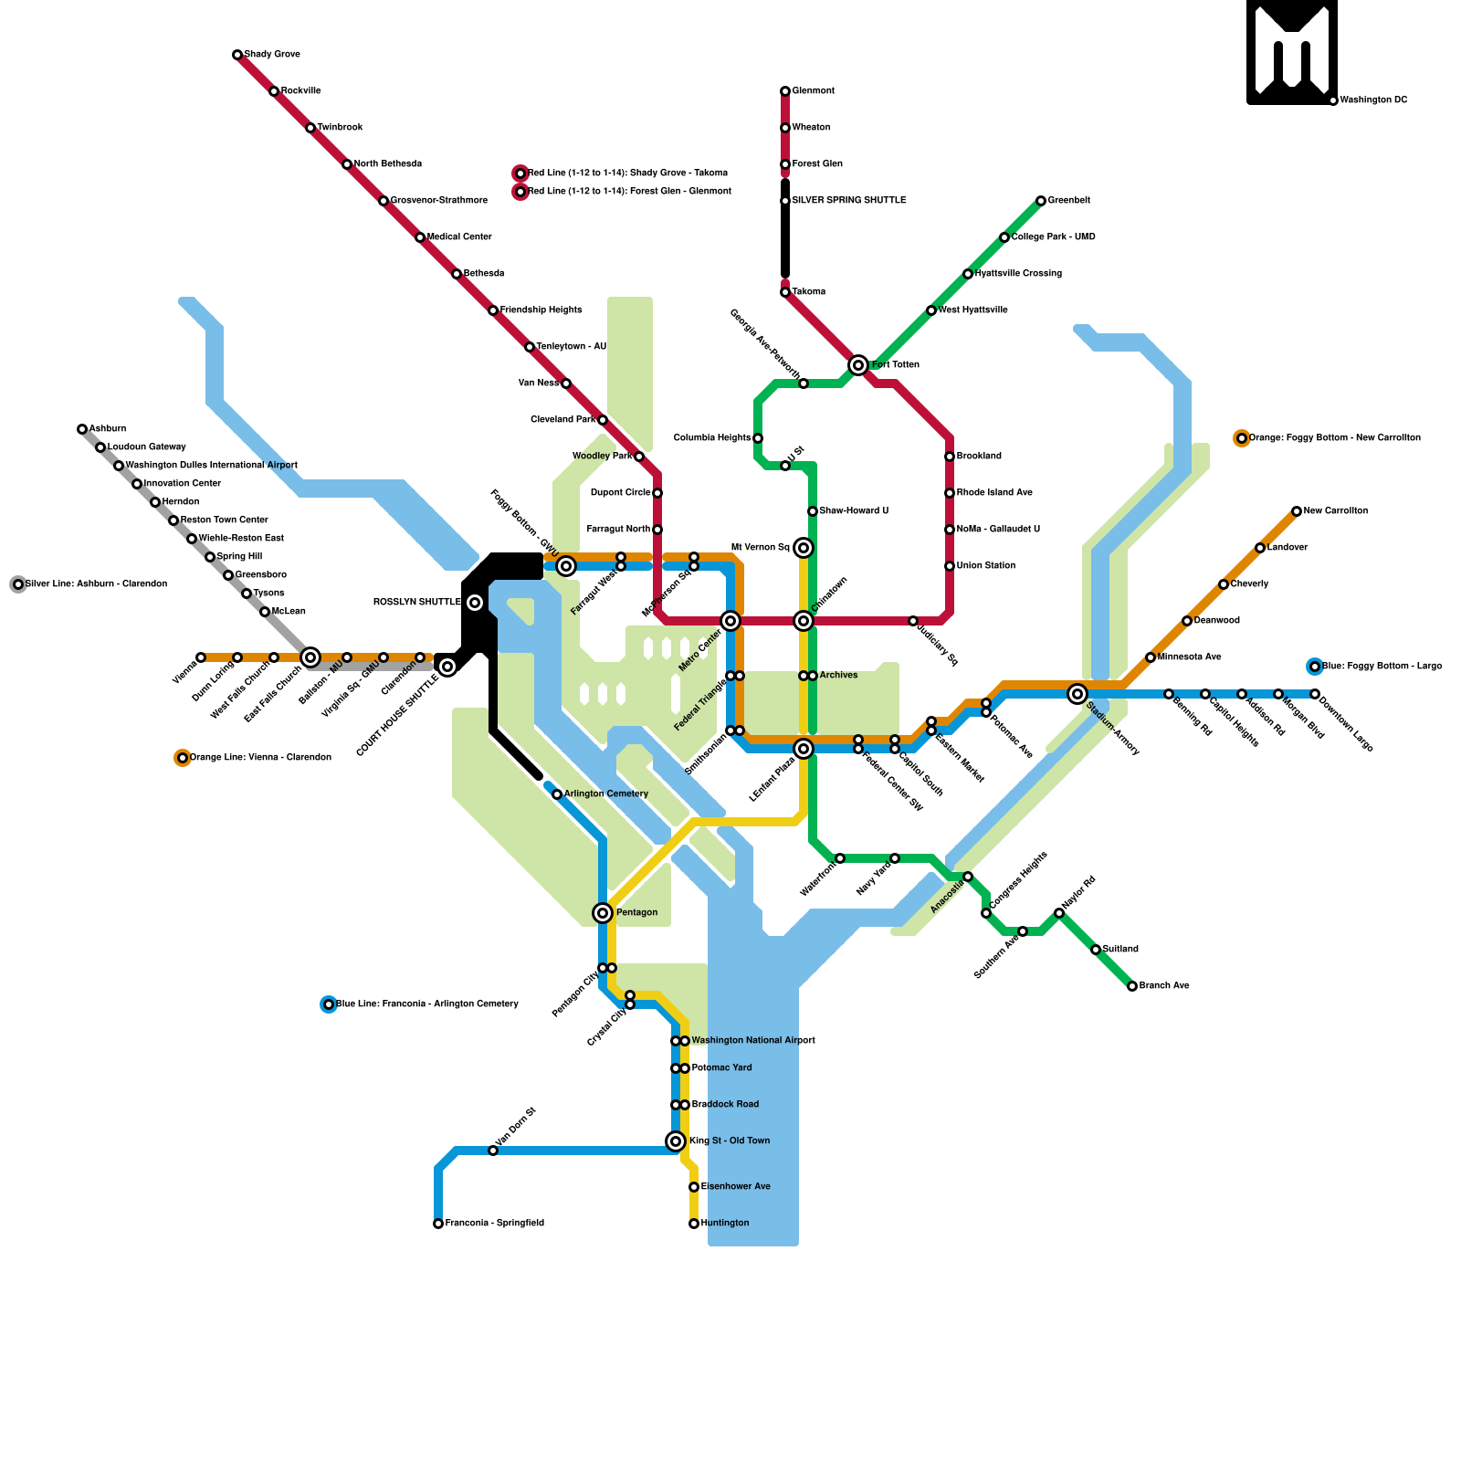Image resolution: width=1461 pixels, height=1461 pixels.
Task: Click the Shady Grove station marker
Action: (237, 55)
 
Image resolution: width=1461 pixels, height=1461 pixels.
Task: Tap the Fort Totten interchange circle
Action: (858, 365)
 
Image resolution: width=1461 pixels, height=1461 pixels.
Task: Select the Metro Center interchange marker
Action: (730, 621)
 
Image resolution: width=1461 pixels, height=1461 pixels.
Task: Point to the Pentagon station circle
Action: (603, 913)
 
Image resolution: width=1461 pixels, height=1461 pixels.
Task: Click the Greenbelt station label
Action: (1068, 201)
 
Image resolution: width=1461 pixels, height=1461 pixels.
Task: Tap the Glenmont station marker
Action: (785, 91)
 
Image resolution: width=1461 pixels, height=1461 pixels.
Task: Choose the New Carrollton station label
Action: (1335, 511)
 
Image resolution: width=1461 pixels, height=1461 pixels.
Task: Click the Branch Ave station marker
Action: (1132, 986)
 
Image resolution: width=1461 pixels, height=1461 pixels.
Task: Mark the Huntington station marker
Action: (694, 1224)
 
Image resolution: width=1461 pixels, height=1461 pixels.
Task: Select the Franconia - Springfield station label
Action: (494, 1224)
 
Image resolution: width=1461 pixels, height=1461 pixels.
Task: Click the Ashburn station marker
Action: (82, 429)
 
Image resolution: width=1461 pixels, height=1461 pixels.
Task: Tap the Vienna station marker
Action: (201, 657)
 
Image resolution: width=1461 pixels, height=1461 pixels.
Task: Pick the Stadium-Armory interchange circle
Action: (1077, 694)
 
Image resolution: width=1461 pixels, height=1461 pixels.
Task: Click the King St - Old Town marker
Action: (676, 1141)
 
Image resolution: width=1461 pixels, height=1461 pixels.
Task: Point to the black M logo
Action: (1292, 52)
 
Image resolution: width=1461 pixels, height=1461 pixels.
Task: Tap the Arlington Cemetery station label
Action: (605, 794)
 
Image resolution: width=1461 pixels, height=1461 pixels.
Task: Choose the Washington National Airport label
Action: (752, 1041)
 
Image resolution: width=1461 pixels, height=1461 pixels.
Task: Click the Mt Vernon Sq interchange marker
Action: (804, 548)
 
